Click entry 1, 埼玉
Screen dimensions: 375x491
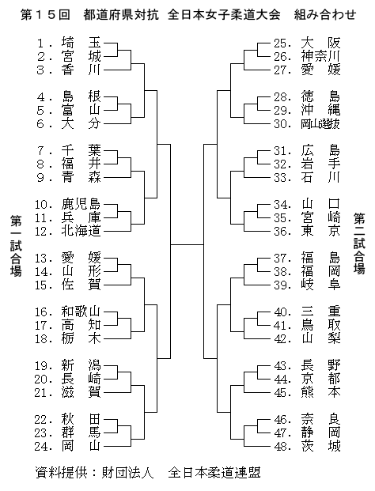(69, 43)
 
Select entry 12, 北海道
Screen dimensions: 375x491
(68, 232)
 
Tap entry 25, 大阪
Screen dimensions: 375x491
(307, 43)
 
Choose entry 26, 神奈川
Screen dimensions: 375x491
(307, 57)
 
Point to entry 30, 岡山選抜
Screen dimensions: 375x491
(307, 124)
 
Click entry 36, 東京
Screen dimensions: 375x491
(307, 232)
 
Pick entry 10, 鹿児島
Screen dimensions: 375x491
(68, 205)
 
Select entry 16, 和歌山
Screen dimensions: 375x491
(68, 312)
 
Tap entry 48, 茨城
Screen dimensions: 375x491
(307, 446)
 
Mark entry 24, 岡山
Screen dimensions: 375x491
(68, 446)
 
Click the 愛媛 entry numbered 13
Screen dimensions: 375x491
(68, 259)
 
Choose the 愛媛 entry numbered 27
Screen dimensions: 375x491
(307, 70)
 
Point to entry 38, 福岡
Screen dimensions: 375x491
(307, 272)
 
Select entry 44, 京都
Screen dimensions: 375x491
(307, 380)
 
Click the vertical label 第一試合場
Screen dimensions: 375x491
(16, 245)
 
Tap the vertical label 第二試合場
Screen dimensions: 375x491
(359, 244)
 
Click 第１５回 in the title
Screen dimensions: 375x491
(45, 15)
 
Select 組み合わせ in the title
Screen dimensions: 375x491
(325, 15)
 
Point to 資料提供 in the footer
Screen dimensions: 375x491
(62, 473)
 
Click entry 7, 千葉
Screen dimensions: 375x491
(69, 151)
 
